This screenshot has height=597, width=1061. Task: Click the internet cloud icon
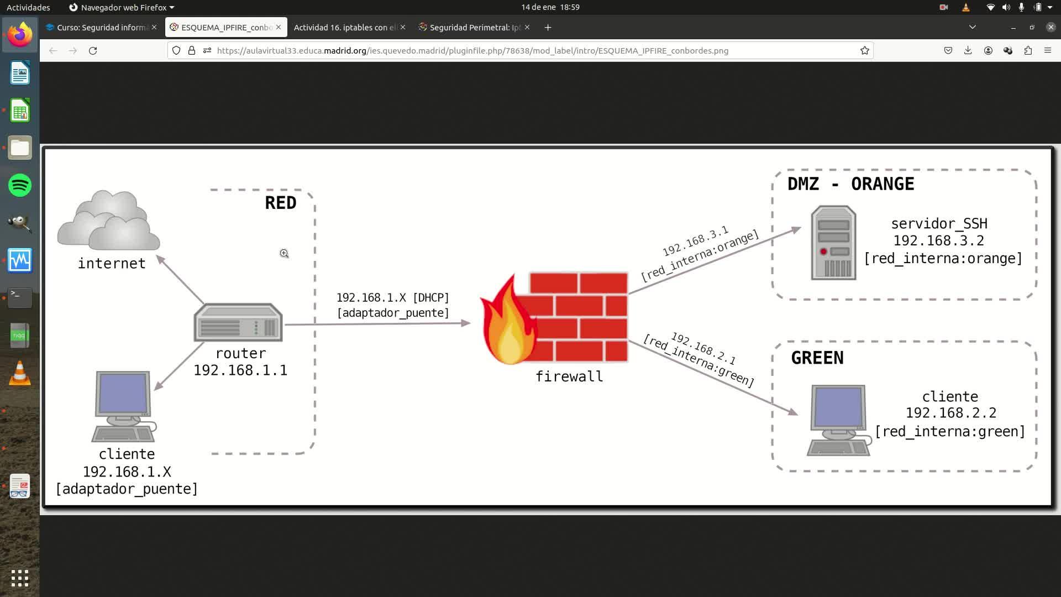point(109,221)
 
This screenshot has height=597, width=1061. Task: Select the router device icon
point(238,323)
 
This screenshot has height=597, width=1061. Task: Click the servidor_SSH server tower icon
point(833,243)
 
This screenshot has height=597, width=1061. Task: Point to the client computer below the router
point(123,407)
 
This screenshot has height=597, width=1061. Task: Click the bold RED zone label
point(281,203)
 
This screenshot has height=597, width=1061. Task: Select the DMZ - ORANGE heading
point(850,184)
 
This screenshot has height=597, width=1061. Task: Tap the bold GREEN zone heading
point(817,358)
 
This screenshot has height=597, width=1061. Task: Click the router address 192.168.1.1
point(240,370)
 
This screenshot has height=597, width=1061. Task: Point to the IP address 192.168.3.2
point(939,241)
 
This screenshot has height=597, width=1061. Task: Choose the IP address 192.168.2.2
point(951,413)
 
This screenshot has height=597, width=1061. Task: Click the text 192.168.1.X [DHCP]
point(393,298)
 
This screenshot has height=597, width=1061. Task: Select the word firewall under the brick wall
point(569,376)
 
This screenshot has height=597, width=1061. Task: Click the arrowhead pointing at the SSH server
point(796,229)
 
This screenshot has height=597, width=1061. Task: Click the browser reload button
point(93,51)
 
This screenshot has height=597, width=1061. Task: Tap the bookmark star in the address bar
point(865,51)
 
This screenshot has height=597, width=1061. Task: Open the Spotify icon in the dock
point(20,185)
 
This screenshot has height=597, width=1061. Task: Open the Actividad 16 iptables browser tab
point(345,28)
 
